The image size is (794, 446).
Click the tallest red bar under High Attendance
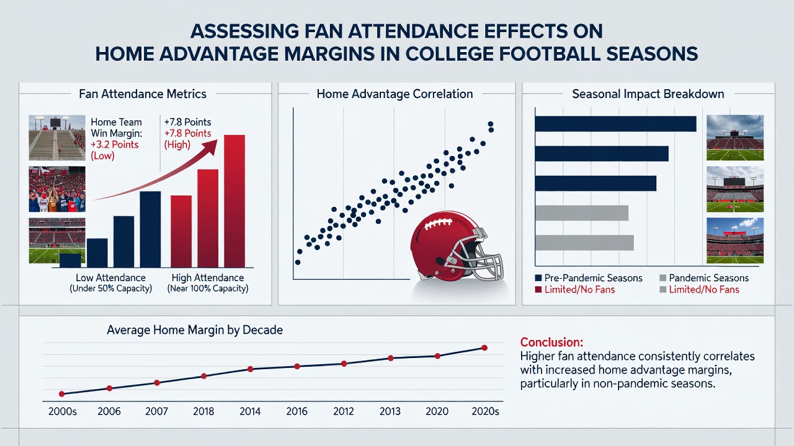tap(234, 201)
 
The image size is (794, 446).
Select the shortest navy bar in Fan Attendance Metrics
tap(70, 261)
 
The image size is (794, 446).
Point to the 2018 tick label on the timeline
tap(203, 411)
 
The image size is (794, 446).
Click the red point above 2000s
tap(61, 394)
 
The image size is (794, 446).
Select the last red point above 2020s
tap(484, 348)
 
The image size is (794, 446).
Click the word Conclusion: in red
tap(551, 343)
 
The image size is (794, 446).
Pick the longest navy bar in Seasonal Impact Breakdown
tap(616, 124)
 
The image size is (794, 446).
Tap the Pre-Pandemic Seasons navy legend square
tap(538, 278)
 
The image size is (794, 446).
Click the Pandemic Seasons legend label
tap(708, 278)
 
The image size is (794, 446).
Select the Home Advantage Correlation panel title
tap(395, 94)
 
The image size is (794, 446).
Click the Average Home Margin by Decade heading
tap(195, 330)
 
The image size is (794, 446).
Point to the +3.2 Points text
tap(115, 144)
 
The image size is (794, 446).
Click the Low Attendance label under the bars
tap(110, 278)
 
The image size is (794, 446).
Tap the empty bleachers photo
tap(57, 138)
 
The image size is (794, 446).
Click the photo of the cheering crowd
tap(57, 190)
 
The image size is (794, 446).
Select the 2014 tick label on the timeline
tap(250, 411)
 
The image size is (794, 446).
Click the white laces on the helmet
tap(438, 224)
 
